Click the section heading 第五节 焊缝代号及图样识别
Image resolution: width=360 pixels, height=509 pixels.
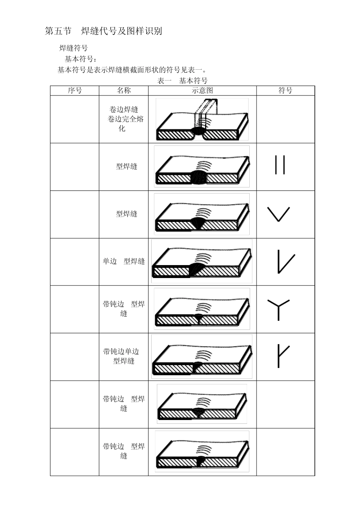point(103,31)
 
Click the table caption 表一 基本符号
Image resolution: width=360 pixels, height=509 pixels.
point(182,81)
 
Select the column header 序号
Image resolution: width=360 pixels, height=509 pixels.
point(75,91)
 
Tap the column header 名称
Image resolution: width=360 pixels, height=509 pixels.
point(124,91)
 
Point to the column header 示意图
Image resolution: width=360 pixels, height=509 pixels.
point(202,91)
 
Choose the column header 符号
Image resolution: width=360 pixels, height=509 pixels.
point(285,91)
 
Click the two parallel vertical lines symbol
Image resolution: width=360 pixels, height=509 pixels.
point(280,165)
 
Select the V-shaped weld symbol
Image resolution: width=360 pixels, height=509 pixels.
point(279,214)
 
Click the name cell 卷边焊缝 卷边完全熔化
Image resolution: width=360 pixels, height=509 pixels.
point(124,119)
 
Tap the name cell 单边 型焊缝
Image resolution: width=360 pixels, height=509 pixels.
point(124,261)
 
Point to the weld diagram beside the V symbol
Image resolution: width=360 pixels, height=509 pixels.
point(202,214)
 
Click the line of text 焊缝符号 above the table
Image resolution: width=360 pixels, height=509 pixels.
point(74,48)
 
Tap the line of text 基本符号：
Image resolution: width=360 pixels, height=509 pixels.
point(81,59)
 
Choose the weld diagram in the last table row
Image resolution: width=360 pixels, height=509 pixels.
point(202,451)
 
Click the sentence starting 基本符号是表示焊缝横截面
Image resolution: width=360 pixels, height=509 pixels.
point(132,70)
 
